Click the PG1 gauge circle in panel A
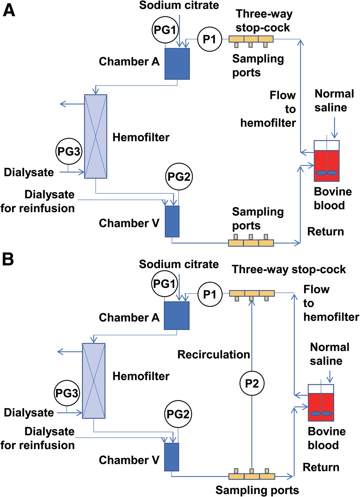(165, 30)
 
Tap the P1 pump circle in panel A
(210, 39)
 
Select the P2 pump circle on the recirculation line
(252, 383)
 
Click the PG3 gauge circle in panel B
(67, 393)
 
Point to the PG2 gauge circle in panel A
(179, 177)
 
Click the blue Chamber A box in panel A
(177, 64)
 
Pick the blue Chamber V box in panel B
(172, 457)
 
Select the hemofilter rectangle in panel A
(95, 136)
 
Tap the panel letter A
(9, 11)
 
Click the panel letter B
(8, 259)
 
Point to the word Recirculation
(214, 355)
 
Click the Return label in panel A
(325, 232)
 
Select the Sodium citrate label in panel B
(179, 264)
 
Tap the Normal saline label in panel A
(334, 100)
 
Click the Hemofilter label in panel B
(141, 376)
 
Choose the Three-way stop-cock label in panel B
(289, 269)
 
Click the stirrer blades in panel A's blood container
(327, 173)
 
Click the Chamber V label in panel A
(129, 223)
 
